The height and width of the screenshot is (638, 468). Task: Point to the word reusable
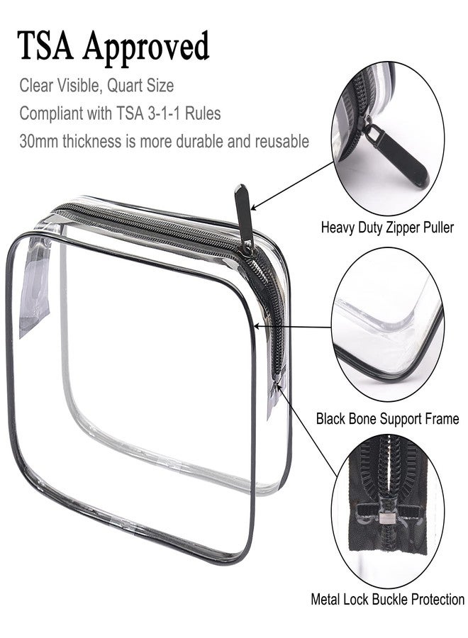[x=282, y=141]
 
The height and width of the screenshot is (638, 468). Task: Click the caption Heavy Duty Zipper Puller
[x=387, y=227]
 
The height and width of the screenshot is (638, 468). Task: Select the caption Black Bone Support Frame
[x=387, y=418]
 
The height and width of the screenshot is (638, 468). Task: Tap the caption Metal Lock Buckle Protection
[x=387, y=599]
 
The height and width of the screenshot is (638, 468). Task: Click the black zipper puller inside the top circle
[x=396, y=154]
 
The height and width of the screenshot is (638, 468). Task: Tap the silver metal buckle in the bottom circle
[x=384, y=517]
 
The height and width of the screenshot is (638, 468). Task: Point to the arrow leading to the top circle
[x=292, y=186]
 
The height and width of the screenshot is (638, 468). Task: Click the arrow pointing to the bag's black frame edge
[x=293, y=327]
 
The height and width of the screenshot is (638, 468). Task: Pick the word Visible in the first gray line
[x=79, y=86]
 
